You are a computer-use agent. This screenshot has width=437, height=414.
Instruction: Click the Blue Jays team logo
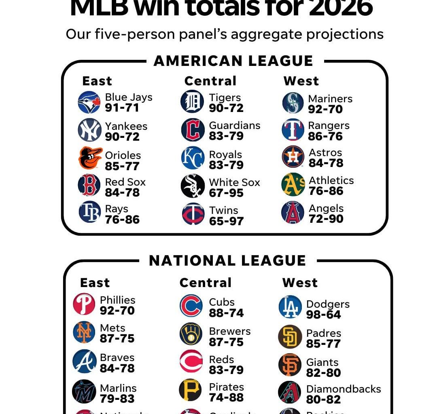[89, 102]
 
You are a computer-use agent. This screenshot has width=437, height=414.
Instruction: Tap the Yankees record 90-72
[122, 137]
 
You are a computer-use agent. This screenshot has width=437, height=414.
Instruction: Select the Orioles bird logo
[90, 158]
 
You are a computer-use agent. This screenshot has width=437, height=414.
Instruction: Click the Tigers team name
[225, 98]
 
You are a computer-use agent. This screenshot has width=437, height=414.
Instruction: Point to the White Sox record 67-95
[226, 193]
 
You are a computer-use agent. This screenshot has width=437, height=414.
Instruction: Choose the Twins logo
[193, 214]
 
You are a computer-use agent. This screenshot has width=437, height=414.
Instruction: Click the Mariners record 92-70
[325, 110]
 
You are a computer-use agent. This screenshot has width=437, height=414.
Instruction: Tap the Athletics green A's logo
[293, 184]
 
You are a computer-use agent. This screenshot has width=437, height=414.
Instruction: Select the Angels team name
[326, 209]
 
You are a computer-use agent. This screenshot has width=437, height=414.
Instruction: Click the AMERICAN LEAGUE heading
[233, 61]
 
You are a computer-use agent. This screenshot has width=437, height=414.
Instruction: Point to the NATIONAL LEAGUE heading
[227, 261]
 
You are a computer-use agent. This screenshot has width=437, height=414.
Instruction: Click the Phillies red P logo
[84, 304]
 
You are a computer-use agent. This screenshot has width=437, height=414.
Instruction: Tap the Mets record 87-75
[117, 339]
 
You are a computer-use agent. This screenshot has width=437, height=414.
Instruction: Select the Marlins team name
[118, 388]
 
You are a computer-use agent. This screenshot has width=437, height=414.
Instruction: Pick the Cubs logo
[191, 306]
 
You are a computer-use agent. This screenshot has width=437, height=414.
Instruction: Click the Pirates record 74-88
[226, 398]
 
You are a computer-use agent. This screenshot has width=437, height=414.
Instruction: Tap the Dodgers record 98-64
[323, 315]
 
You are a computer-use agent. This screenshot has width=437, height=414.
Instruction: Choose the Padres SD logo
[290, 337]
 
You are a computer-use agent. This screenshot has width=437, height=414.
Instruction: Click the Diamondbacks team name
[344, 389]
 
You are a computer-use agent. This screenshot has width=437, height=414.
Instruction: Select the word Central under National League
[206, 283]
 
